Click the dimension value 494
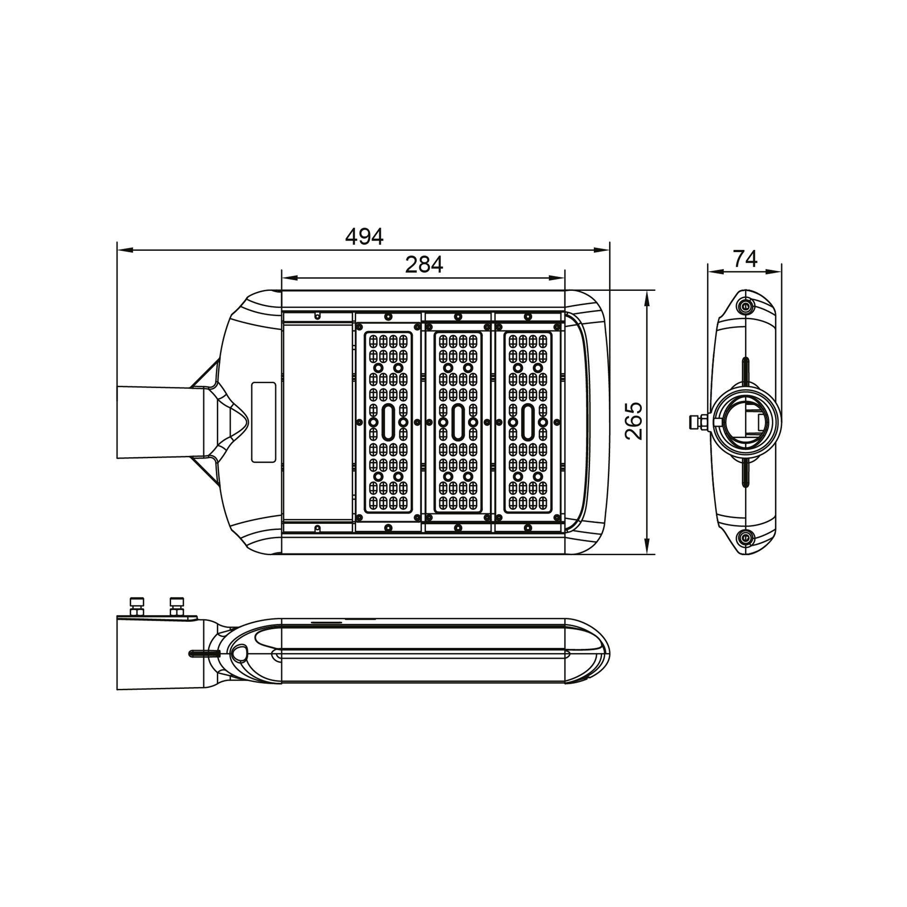pyautogui.click(x=364, y=237)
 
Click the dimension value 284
pyautogui.click(x=424, y=265)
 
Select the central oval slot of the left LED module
pyautogui.click(x=388, y=422)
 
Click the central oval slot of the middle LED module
pyautogui.click(x=458, y=422)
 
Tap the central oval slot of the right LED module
pyautogui.click(x=528, y=422)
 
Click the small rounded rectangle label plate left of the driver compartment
pyautogui.click(x=263, y=422)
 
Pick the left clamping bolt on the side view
pyautogui.click(x=137, y=607)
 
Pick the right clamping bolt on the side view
pyautogui.click(x=177, y=607)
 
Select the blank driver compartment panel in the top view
pyautogui.click(x=318, y=421)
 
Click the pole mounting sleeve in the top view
pyautogui.click(x=155, y=422)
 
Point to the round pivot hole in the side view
pyautogui.click(x=240, y=652)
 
